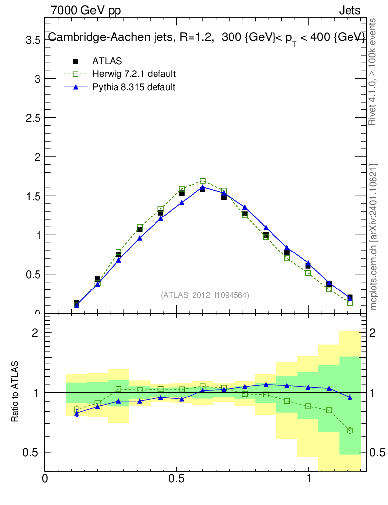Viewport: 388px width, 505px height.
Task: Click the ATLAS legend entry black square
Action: (x=76, y=61)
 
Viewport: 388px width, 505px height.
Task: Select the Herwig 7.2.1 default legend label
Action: (x=134, y=74)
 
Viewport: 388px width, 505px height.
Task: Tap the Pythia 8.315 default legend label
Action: (x=134, y=87)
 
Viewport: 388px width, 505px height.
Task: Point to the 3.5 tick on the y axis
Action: (x=33, y=40)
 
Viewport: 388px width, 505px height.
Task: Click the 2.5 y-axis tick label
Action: (x=33, y=118)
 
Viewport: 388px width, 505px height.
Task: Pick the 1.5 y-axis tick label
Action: (x=33, y=196)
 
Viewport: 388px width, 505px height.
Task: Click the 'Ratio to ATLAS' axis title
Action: (x=15, y=392)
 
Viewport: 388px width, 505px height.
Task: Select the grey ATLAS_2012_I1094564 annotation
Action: (x=205, y=295)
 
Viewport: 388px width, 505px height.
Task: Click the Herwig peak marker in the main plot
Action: (x=202, y=181)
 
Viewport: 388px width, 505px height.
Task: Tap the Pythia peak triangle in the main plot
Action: (x=202, y=187)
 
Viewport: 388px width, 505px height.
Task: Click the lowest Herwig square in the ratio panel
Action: (x=350, y=431)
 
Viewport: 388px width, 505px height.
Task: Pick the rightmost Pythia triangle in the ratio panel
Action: (x=350, y=397)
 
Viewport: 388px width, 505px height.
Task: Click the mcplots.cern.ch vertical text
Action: (x=374, y=237)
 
